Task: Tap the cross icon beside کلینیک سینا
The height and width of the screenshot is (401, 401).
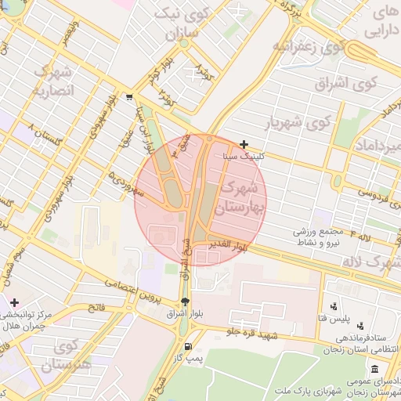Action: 244,144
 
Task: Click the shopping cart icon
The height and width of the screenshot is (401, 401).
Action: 128,98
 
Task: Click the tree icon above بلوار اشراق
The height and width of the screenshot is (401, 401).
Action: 185,301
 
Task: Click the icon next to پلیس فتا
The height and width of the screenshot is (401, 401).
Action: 334,306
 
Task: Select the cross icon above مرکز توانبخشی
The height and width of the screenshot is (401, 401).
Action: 14,302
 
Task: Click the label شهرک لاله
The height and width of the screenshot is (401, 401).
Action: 374,262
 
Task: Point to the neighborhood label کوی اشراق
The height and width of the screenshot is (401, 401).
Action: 347,81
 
